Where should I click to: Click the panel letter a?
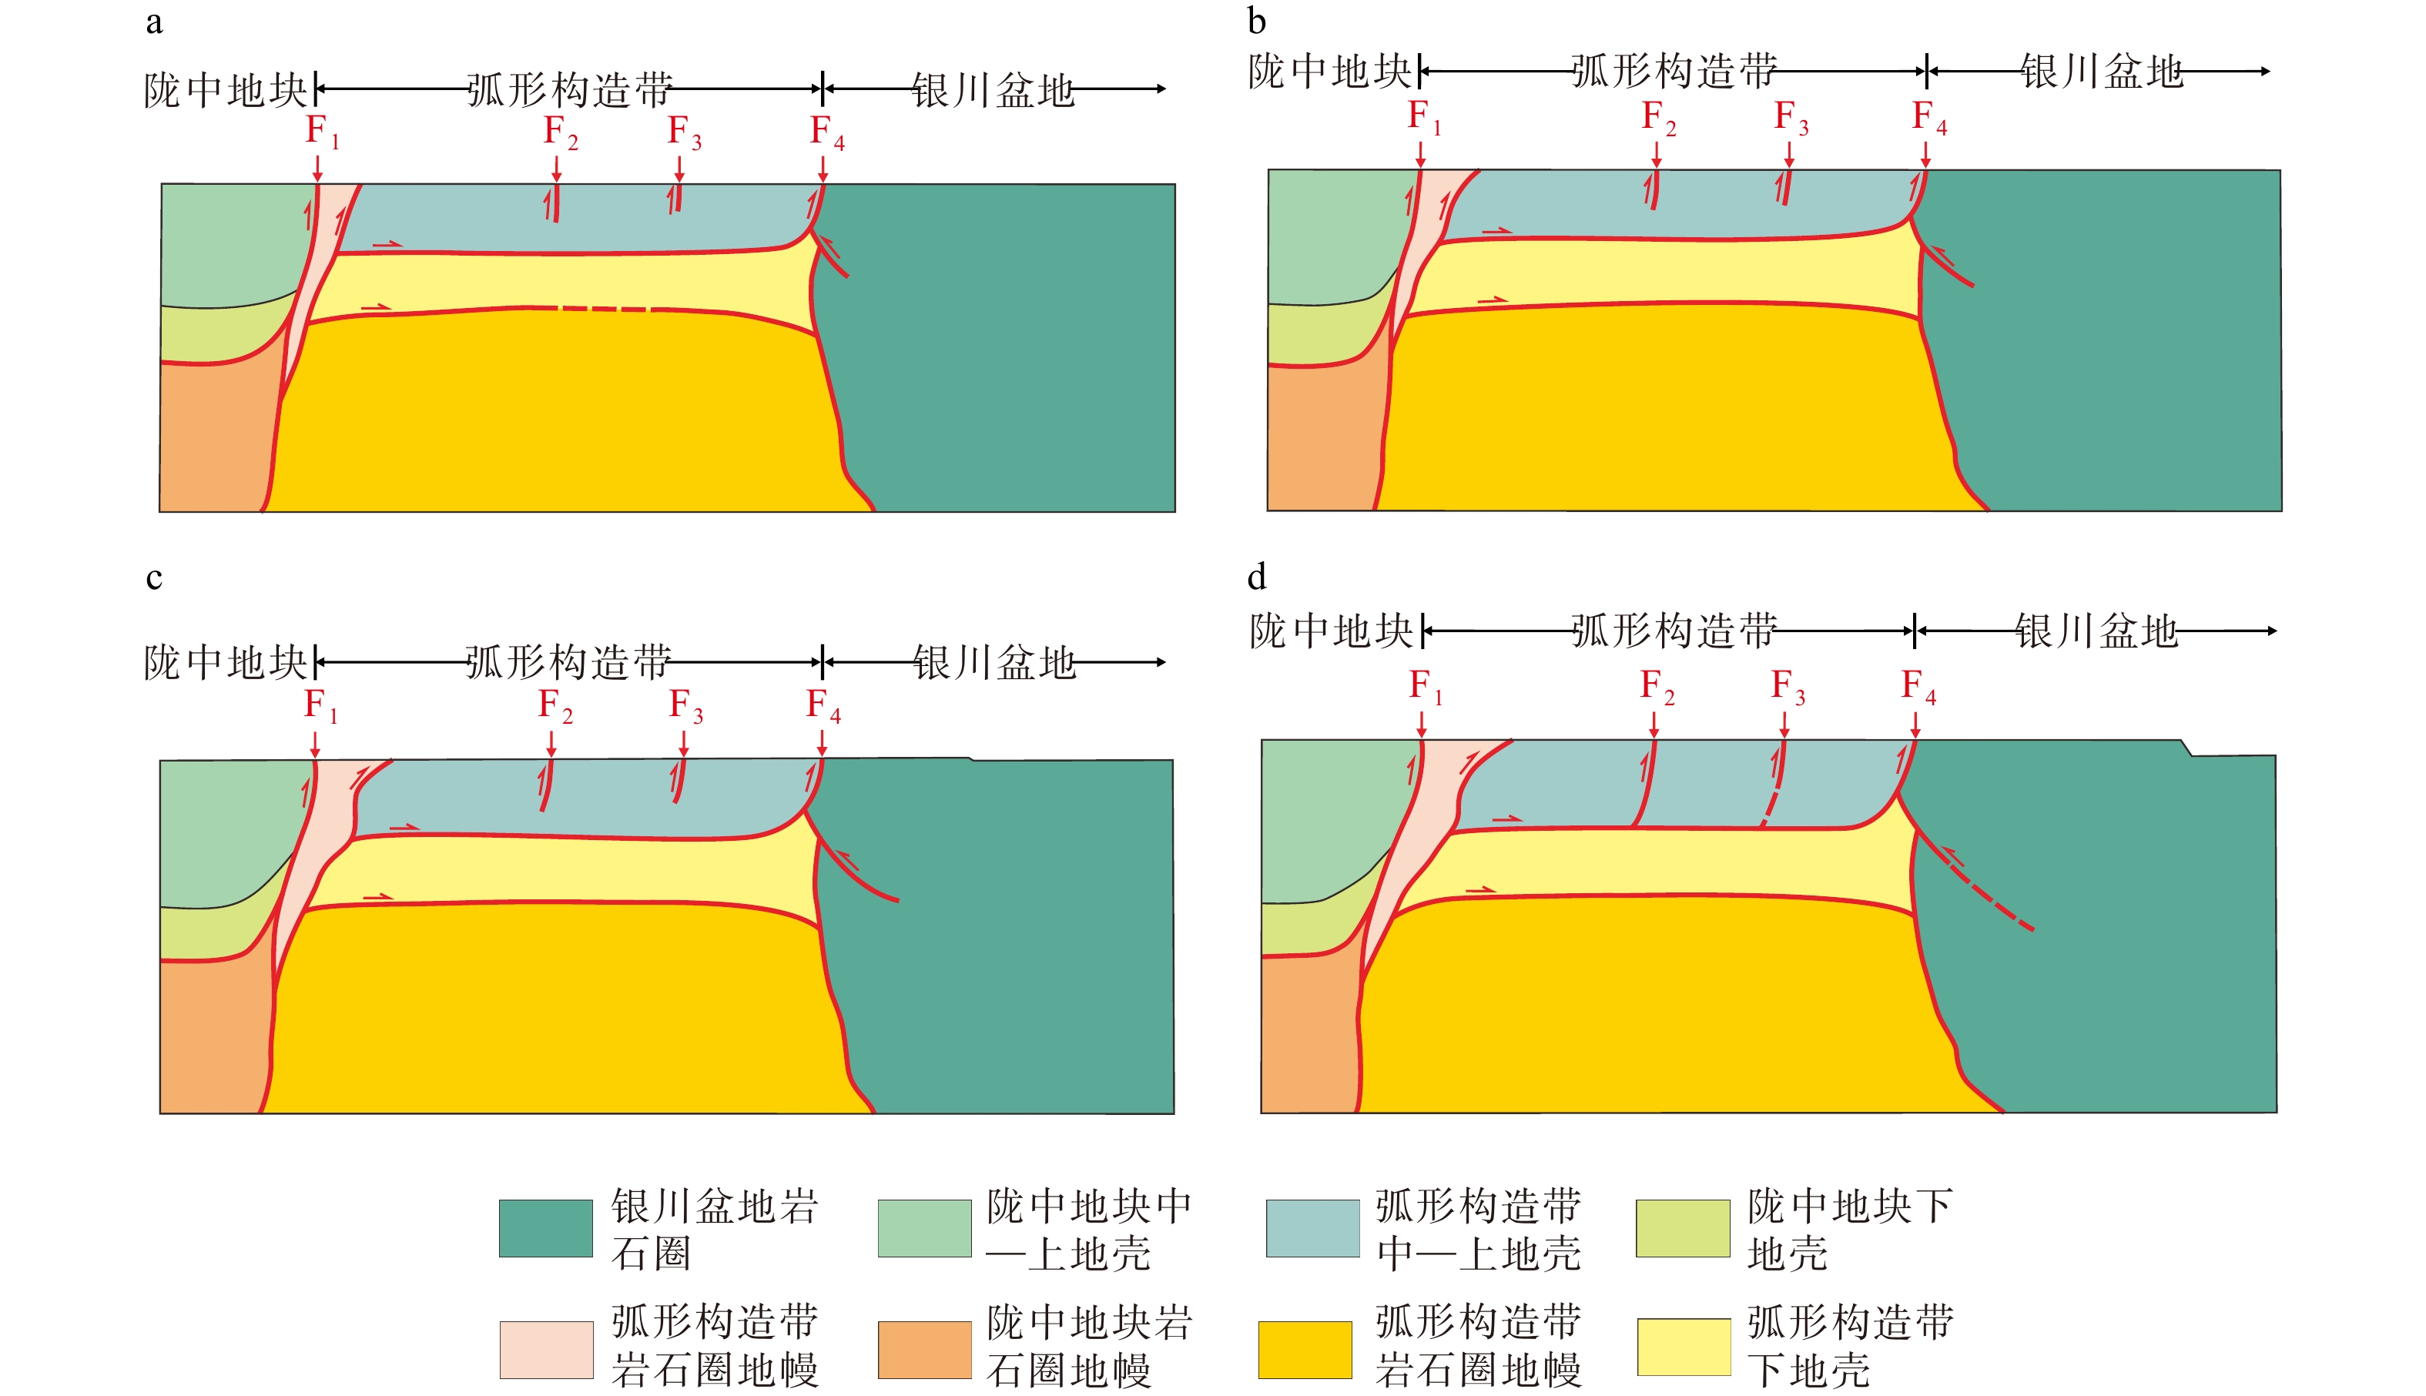tap(154, 22)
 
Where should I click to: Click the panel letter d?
tap(1256, 577)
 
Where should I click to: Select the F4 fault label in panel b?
tap(1928, 117)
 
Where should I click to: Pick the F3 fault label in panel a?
tap(684, 132)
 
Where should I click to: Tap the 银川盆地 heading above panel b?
tap(2101, 71)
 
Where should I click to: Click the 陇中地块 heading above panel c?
tap(226, 662)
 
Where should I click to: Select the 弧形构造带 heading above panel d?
tap(1674, 631)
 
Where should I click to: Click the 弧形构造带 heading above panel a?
tap(570, 90)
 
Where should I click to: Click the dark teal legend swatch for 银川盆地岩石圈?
tap(545, 1227)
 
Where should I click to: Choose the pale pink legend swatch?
tap(545, 1349)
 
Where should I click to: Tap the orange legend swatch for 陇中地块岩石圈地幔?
tap(924, 1349)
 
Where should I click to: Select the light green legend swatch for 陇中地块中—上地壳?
tap(924, 1227)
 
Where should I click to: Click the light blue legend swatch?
tap(1312, 1227)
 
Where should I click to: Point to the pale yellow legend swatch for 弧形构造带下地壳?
tap(1683, 1347)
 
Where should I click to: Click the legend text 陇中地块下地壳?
tap(1848, 1229)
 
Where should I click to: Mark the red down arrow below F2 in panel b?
tap(1656, 153)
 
